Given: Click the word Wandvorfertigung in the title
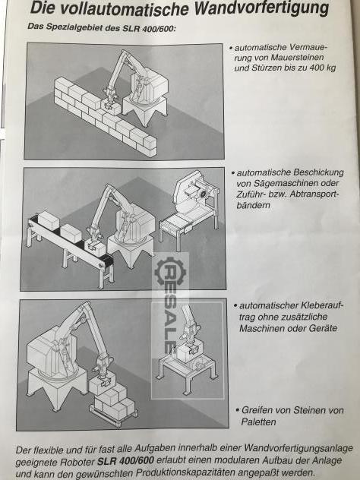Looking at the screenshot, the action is point(262,8).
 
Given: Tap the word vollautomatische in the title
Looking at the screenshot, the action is point(123,8).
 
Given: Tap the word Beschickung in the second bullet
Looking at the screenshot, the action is point(318,172).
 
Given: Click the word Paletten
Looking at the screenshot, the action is point(259,422).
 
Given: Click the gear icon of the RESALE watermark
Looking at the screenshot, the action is point(170,271).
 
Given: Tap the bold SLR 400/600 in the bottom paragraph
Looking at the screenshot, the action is point(126,461).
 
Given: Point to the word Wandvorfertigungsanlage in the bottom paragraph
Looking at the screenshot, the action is point(298,449).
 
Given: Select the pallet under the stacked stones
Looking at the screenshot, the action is point(113,415).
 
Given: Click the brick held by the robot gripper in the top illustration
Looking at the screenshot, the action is point(111,108).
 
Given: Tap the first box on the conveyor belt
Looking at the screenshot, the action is point(49,220).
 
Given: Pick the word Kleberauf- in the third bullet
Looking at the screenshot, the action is point(322,305).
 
